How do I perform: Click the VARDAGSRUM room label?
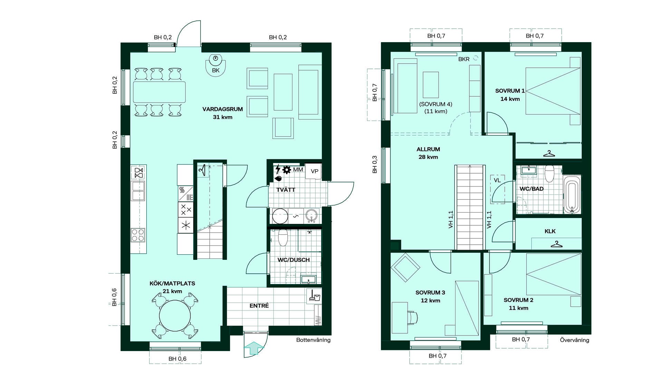[x=222, y=109]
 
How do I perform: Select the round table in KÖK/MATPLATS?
[x=175, y=315]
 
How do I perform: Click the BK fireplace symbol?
[x=216, y=65]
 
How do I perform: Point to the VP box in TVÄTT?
[x=314, y=171]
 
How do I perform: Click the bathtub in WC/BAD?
[x=572, y=195]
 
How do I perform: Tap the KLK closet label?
[x=550, y=231]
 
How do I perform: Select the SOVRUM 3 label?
[x=430, y=293]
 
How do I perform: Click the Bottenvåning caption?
[x=313, y=340]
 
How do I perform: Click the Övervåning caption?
[x=575, y=340]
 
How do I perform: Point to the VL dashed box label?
[x=497, y=180]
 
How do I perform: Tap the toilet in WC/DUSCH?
[x=283, y=237]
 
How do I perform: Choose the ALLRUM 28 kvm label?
[x=428, y=153]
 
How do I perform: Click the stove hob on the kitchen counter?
[x=138, y=235]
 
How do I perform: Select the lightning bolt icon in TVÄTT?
[x=278, y=169]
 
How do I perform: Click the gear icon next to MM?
[x=286, y=170]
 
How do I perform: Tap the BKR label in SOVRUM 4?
[x=464, y=59]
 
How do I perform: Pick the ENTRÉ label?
[x=259, y=306]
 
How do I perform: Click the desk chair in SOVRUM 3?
[x=412, y=317]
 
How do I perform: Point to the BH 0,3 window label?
[x=375, y=164]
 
